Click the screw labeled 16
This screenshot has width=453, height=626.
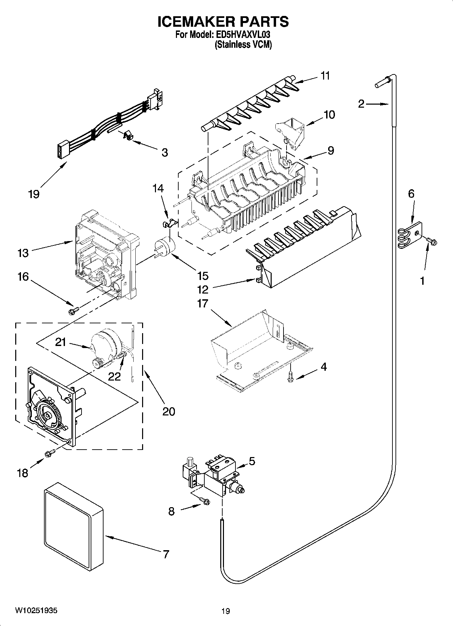[x=73, y=310]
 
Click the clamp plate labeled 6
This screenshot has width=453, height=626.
[x=410, y=233]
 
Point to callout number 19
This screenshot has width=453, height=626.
[x=34, y=194]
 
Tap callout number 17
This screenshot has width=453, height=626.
[x=202, y=303]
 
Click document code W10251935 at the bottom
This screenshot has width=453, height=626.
[x=36, y=610]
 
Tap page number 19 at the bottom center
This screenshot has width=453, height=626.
[x=225, y=611]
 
